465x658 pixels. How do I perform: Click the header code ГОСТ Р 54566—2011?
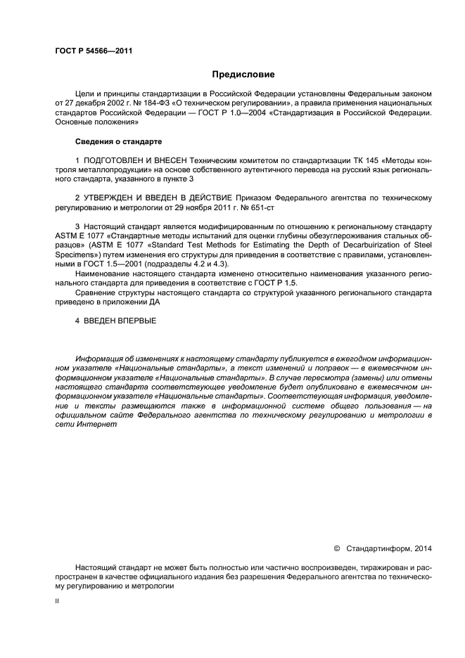(94, 51)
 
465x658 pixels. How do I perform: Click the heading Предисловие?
(243, 74)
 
